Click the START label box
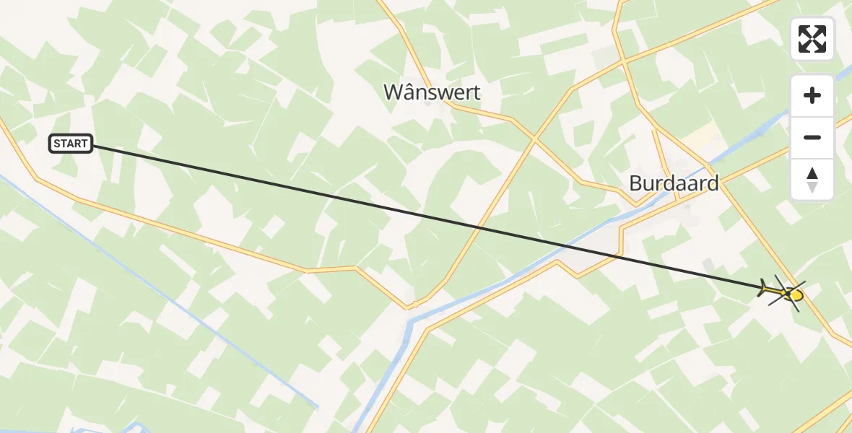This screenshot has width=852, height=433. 71,144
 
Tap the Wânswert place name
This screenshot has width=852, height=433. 432,92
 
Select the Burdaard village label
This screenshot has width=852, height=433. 674,183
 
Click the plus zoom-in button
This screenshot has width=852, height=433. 812,95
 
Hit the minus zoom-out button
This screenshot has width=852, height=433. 812,137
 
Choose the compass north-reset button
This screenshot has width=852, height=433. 812,180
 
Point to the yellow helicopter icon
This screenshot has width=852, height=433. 783,292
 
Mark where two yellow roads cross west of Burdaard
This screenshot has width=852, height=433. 534,136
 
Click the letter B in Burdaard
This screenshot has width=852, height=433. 635,183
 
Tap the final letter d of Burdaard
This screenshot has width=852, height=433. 713,183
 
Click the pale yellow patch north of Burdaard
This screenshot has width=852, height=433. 700,134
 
